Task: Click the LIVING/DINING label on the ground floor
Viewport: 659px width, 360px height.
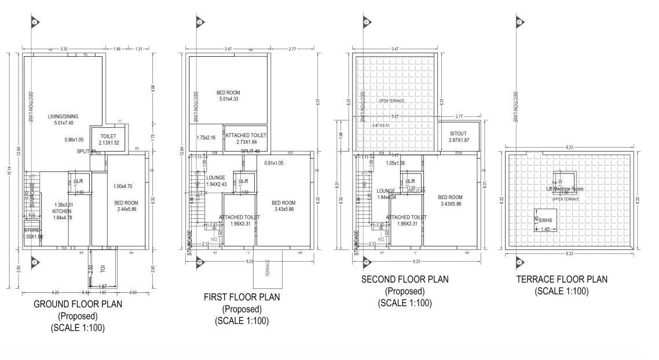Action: point(63,116)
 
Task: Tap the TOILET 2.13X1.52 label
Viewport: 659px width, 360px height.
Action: point(108,136)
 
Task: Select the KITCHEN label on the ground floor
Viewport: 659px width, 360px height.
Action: point(61,211)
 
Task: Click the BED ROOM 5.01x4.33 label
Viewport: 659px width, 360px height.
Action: point(228,93)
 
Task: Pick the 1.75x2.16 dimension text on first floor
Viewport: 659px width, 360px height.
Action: point(206,138)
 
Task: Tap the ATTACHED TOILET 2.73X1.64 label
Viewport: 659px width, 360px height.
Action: point(246,135)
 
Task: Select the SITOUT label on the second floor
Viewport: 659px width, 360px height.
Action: point(458,134)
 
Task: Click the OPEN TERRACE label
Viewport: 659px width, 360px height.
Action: point(391,101)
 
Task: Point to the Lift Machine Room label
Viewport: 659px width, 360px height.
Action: point(565,189)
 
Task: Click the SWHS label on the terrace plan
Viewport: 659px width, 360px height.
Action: point(545,221)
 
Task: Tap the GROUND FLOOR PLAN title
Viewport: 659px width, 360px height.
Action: point(78,304)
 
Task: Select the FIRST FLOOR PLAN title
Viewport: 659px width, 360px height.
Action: point(241,297)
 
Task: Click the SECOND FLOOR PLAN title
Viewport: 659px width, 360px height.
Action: point(404,280)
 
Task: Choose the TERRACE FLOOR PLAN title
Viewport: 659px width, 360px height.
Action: point(562,280)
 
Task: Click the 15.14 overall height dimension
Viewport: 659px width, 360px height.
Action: point(9,172)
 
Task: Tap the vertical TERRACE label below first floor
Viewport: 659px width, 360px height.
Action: point(268,270)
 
